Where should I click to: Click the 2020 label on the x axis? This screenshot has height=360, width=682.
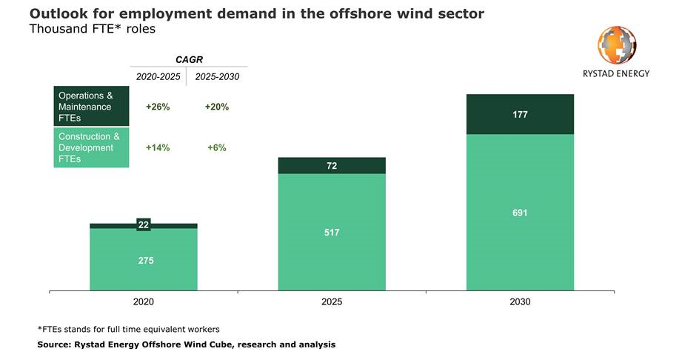pos(144,302)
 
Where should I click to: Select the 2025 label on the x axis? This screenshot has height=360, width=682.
pos(332,302)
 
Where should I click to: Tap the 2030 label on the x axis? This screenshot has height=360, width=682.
pos(520,302)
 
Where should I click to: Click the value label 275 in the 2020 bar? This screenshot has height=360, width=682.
pos(146,261)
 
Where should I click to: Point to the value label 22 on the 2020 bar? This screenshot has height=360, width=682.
pos(144,224)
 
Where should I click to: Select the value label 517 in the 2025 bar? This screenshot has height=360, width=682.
pos(332,233)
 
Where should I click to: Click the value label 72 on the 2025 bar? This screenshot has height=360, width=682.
pos(332,166)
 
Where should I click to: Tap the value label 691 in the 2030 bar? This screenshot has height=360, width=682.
pos(520,213)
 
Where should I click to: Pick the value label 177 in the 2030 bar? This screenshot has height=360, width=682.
pos(520,115)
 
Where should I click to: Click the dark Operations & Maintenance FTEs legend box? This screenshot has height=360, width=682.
pos(91,107)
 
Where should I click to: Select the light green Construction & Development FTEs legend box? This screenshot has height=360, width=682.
pos(91,147)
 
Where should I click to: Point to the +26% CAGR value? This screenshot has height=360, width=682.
pos(158,107)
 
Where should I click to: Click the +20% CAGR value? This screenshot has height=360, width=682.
pos(217,107)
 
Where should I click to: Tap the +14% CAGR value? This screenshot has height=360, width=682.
pos(158,147)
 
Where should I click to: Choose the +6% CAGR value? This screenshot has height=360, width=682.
pos(217,147)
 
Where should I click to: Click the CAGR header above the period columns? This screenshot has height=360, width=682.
pos(187,59)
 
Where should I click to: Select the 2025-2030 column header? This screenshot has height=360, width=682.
pos(217,76)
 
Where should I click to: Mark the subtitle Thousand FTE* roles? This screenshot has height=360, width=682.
pos(92,30)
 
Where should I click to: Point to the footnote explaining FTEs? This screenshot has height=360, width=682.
pos(128,329)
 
